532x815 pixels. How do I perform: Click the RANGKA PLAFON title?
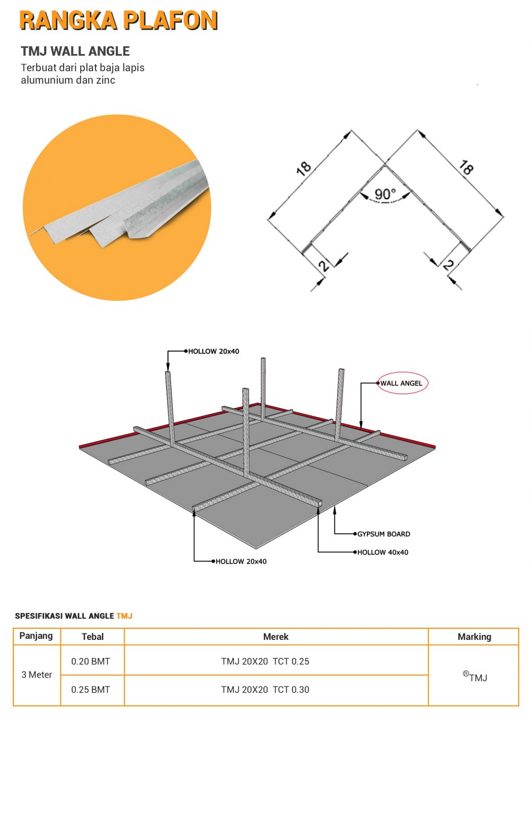click(x=118, y=21)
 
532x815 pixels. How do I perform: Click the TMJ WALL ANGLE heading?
click(x=75, y=51)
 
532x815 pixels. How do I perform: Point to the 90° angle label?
click(x=385, y=194)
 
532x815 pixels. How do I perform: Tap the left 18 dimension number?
click(x=303, y=169)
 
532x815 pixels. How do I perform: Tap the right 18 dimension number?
click(x=466, y=168)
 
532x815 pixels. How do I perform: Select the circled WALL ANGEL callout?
click(x=402, y=383)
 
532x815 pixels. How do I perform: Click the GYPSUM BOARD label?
click(x=383, y=534)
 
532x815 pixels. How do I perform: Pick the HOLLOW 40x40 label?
click(x=382, y=552)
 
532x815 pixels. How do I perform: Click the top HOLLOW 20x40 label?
click(x=213, y=351)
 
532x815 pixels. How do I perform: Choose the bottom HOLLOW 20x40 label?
click(x=241, y=561)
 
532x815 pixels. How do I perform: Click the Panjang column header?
click(x=36, y=636)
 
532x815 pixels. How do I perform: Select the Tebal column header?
click(x=92, y=637)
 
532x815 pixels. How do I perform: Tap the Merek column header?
click(x=276, y=637)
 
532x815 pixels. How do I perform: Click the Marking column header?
click(x=474, y=637)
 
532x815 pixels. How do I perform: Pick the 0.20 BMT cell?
click(x=91, y=661)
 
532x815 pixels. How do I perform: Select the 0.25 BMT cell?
click(x=91, y=690)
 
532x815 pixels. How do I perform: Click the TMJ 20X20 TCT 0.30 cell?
click(x=265, y=690)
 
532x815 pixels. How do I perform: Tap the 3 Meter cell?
click(x=37, y=675)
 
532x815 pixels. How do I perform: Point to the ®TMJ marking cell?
click(x=475, y=677)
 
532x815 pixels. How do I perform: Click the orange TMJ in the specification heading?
click(x=124, y=616)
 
